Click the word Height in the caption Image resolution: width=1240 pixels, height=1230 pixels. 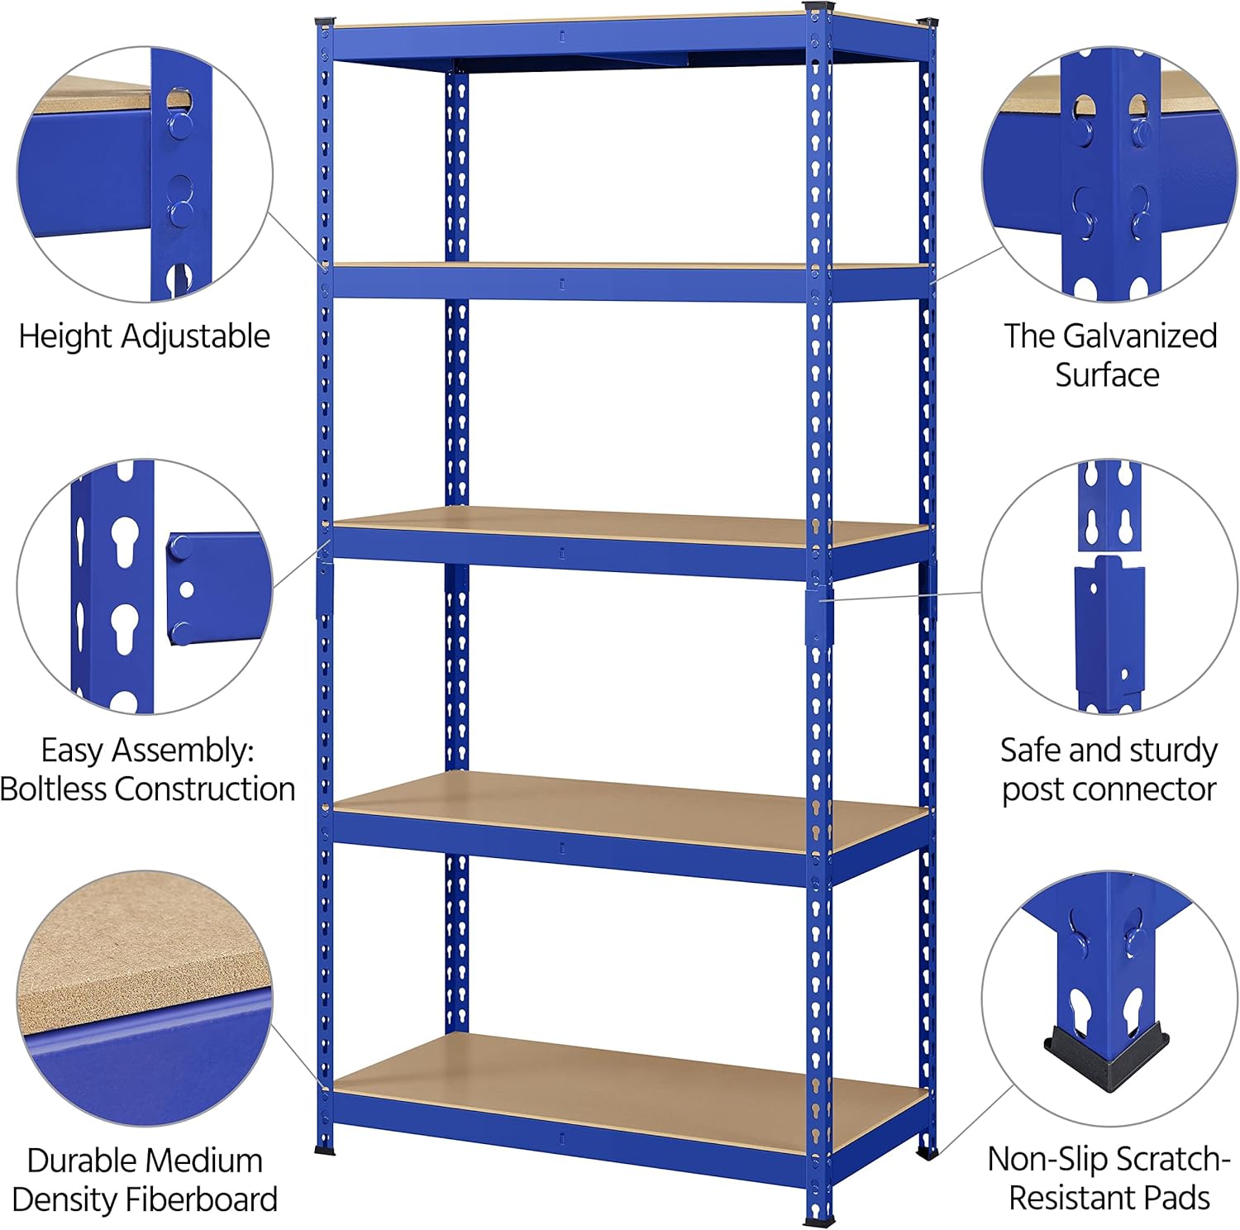66,336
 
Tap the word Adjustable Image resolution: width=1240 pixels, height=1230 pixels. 195,336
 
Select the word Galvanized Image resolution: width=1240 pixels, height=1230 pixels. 1140,336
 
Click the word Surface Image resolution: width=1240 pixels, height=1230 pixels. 1107,374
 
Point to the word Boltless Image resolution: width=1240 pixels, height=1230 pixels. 54,789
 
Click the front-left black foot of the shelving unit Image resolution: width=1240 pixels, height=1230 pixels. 325,1149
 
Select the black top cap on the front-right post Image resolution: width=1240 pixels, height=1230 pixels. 818,7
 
